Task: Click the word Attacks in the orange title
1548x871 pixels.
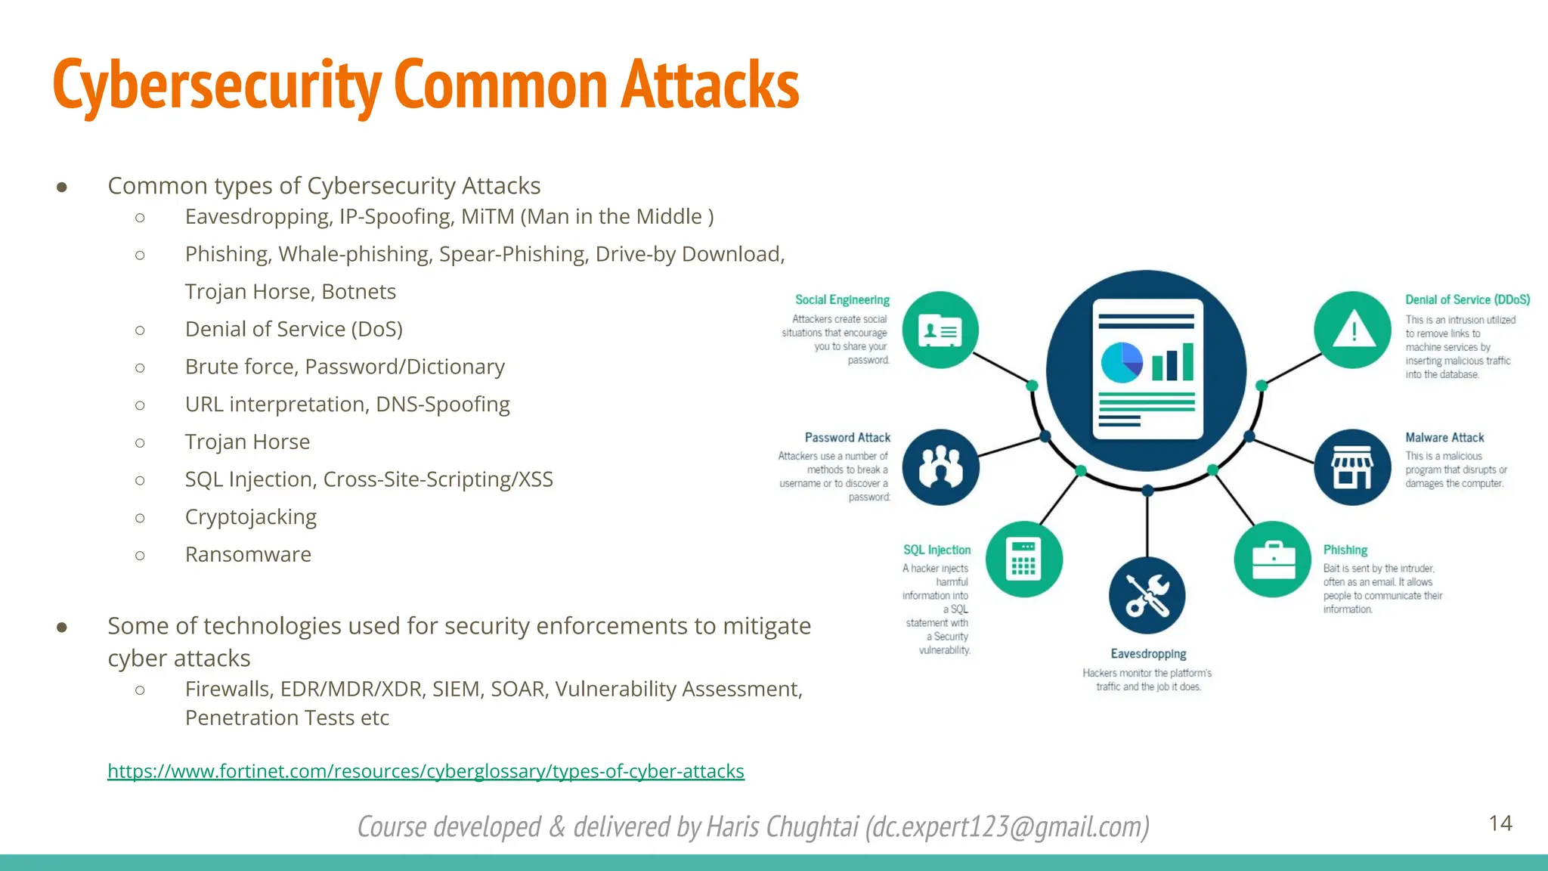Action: (710, 85)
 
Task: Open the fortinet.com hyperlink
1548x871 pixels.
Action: (426, 771)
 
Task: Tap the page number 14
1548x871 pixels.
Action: (1500, 823)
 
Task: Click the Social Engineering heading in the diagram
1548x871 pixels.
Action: (842, 300)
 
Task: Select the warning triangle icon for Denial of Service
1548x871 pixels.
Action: (1352, 330)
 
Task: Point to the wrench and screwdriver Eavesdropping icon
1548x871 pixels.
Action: (1147, 596)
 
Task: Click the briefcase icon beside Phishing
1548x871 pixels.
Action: (1273, 560)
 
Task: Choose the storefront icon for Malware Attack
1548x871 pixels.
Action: (1351, 467)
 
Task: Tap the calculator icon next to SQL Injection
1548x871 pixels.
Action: (1024, 559)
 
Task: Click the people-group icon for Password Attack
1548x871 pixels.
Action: (940, 467)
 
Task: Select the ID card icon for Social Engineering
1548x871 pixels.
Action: (940, 330)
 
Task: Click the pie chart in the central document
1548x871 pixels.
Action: (1122, 362)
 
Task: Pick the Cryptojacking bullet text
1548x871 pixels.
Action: (250, 517)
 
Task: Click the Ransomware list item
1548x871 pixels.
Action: (248, 555)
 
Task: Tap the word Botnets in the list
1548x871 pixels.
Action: (359, 292)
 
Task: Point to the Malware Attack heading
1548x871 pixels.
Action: (1444, 438)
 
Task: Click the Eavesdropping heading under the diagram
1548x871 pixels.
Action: (1148, 654)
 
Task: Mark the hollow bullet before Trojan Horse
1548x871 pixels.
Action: (140, 442)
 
